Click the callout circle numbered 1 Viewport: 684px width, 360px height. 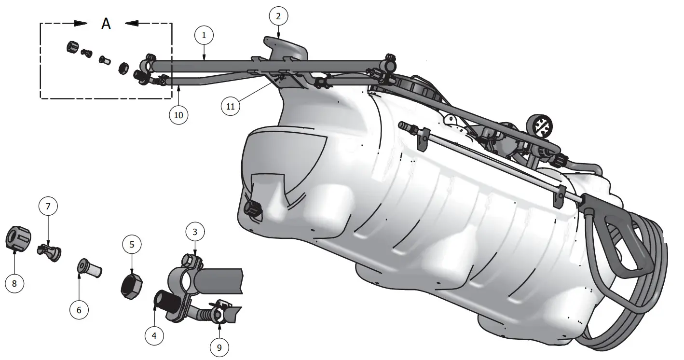204,35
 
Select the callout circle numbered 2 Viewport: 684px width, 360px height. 278,16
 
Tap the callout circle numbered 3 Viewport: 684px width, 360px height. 195,232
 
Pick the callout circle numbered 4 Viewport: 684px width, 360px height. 154,335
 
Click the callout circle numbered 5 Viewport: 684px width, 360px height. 132,245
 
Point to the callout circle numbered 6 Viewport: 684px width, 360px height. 79,310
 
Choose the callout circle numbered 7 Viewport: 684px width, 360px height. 48,207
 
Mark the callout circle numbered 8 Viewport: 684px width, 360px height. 14,283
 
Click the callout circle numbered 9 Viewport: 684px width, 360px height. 219,346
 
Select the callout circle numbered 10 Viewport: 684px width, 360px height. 178,115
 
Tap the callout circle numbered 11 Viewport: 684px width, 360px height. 231,107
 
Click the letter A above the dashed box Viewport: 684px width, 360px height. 106,24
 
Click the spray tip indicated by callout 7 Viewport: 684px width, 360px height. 49,251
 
